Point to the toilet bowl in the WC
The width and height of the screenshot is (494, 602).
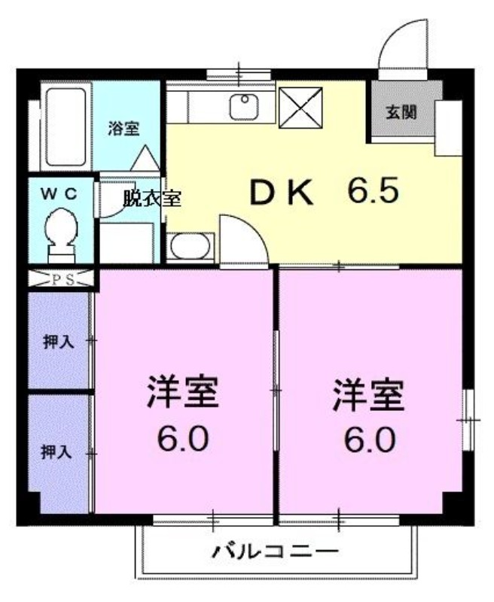pos(59,230)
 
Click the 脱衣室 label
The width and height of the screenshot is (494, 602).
pos(151,199)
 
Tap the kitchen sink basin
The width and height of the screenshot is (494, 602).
pos(243,108)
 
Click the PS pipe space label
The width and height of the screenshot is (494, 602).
pos(60,279)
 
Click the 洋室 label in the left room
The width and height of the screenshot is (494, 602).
pos(183,394)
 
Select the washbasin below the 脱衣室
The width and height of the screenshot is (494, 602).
pos(190,246)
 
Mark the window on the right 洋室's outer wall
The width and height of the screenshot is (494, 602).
pos(468,415)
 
